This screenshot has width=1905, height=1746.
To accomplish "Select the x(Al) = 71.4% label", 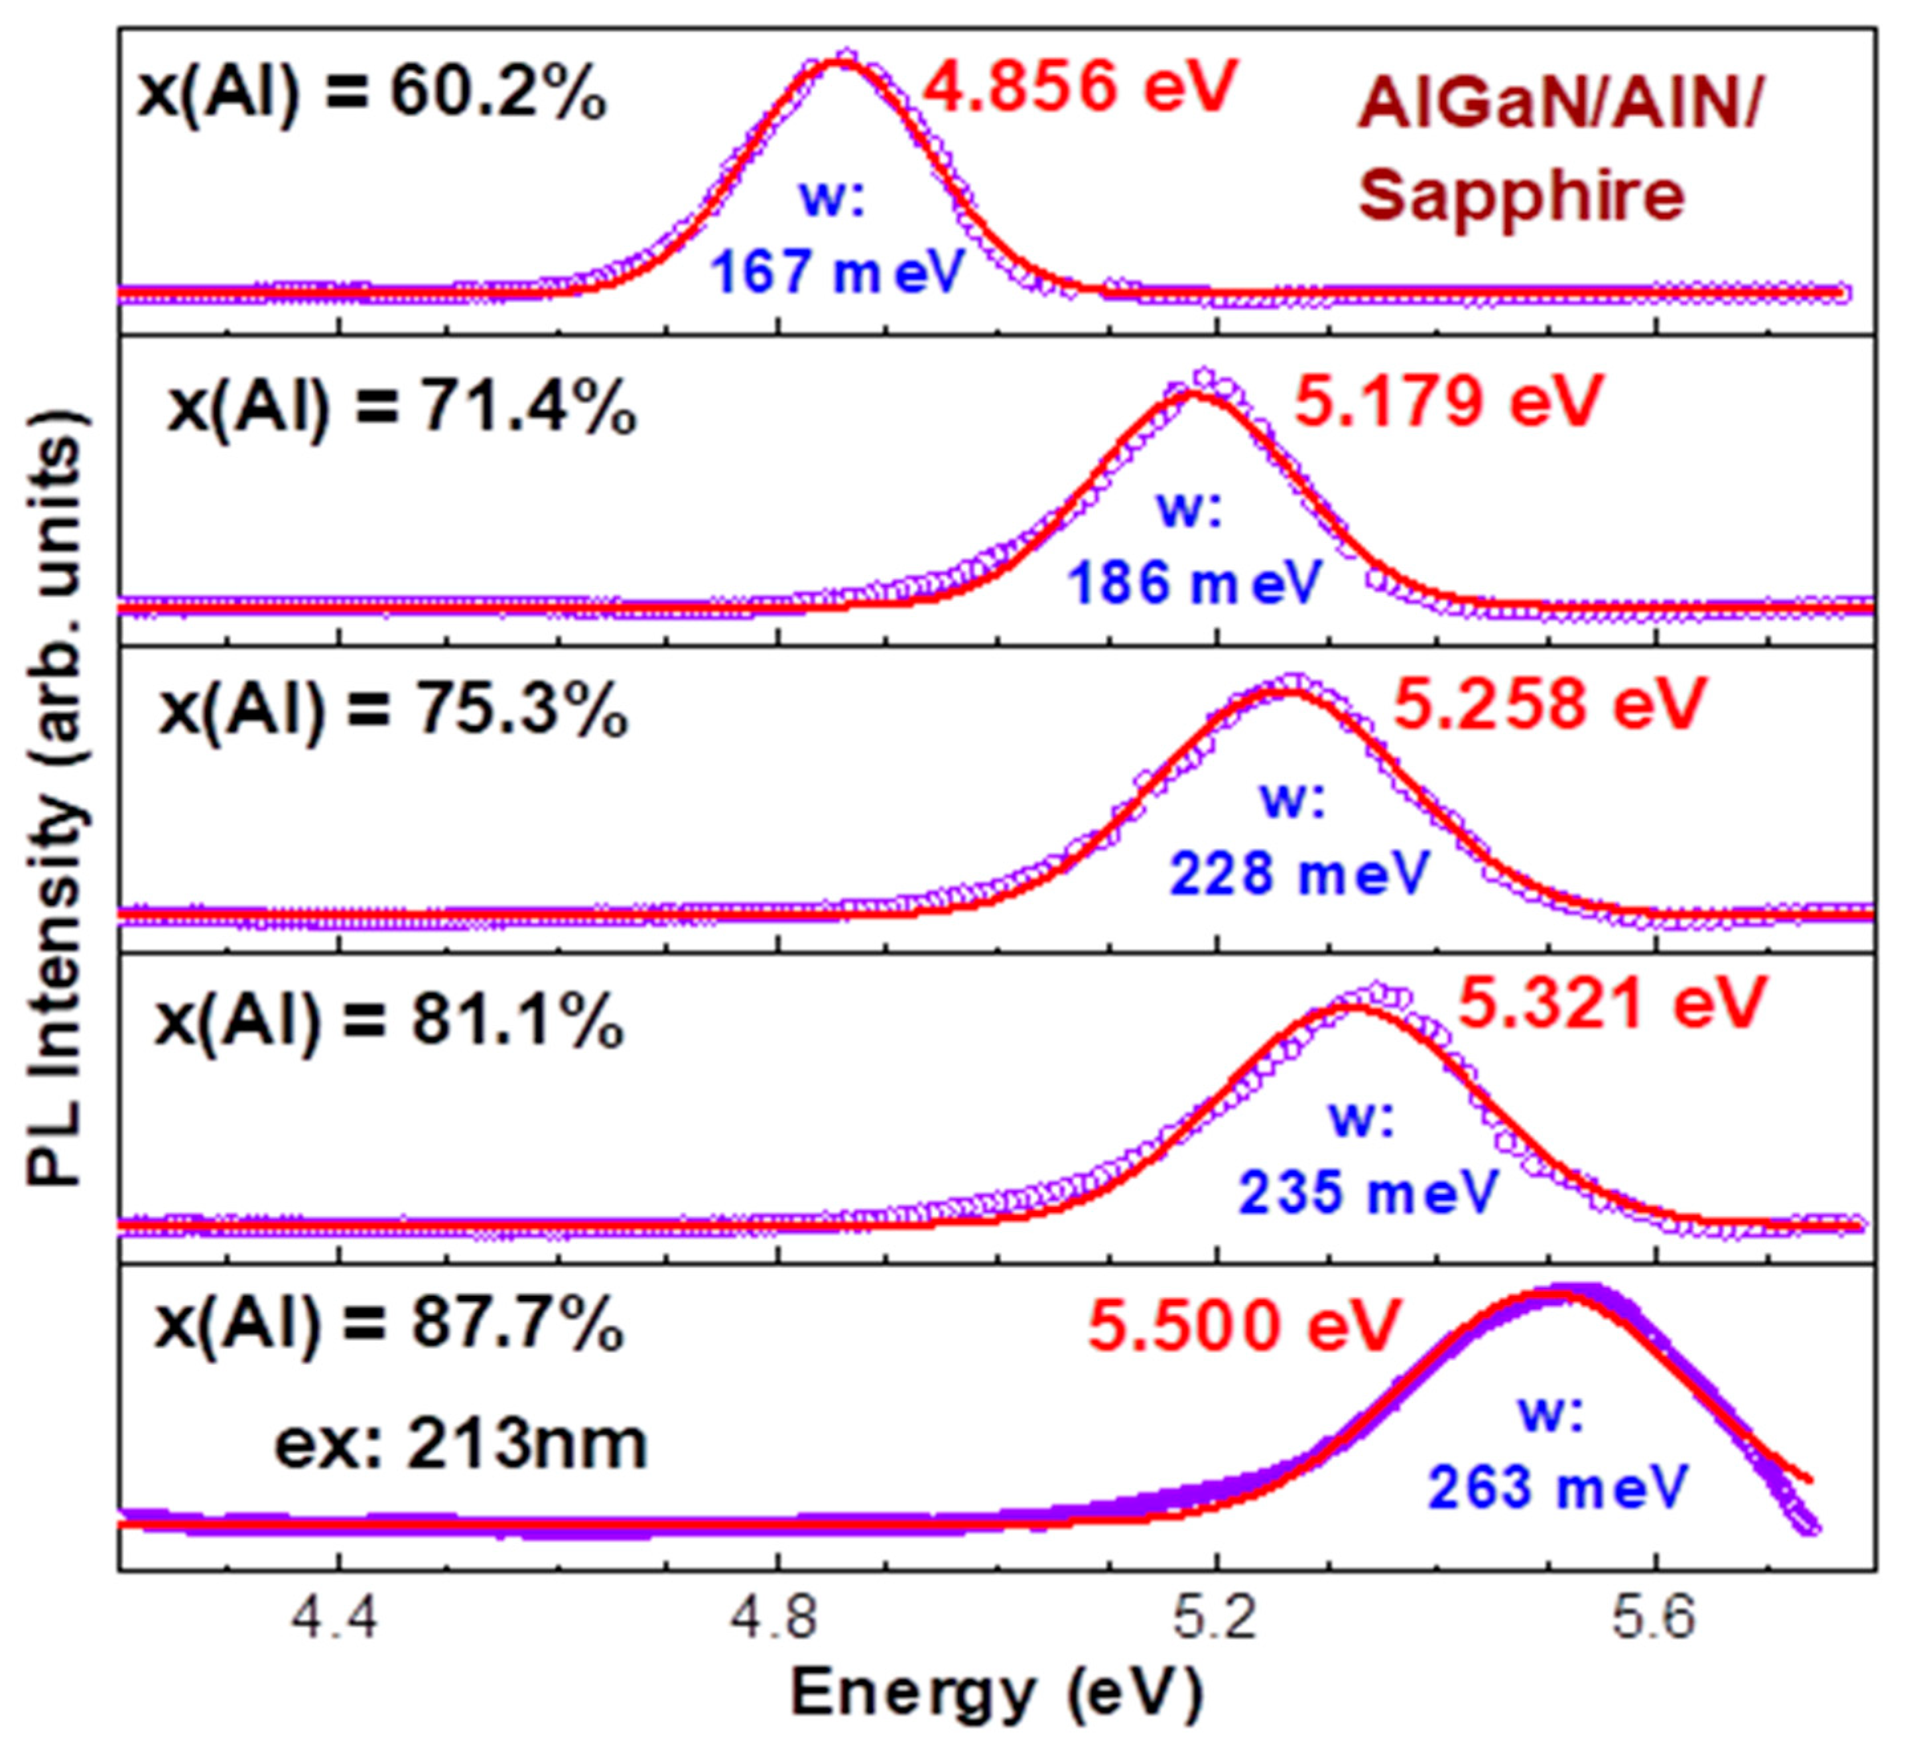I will click(401, 410).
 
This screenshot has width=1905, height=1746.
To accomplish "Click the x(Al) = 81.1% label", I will click(389, 1023).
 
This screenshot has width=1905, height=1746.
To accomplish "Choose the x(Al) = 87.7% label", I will click(389, 1325).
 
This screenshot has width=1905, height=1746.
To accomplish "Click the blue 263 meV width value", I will click(1557, 1487).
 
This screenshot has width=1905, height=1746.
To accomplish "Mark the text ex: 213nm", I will click(460, 1446).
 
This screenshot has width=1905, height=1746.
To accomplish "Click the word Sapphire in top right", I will click(1522, 196).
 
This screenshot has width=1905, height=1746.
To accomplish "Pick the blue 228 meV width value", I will click(1299, 873).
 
